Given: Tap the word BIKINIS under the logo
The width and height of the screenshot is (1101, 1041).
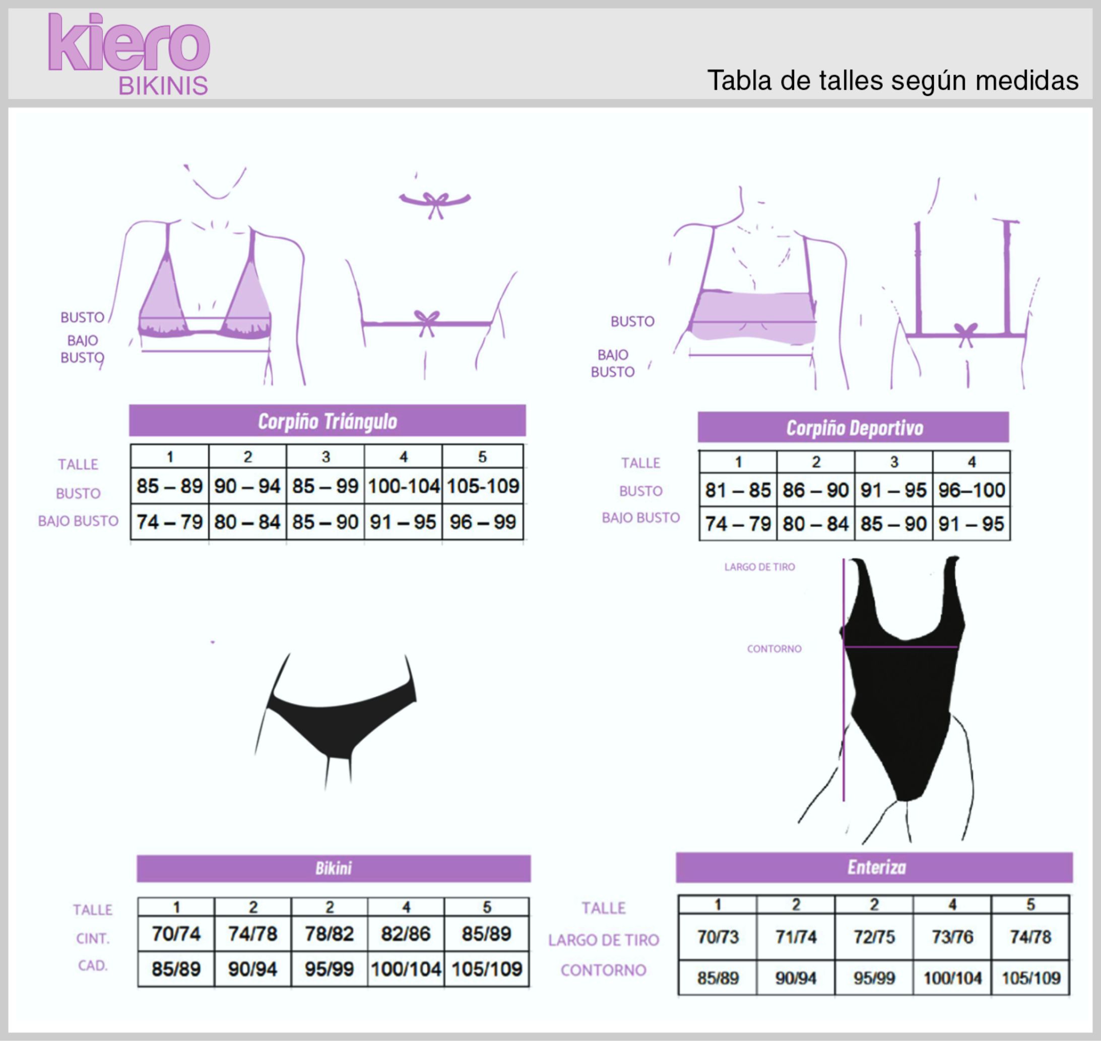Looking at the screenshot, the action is pyautogui.click(x=163, y=86).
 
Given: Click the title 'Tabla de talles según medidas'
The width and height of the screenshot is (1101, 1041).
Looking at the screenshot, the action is pyautogui.click(x=892, y=81).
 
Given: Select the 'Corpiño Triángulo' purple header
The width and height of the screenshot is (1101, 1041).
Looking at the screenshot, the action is pyautogui.click(x=328, y=421).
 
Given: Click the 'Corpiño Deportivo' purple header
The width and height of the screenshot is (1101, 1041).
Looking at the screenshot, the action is pyautogui.click(x=854, y=427).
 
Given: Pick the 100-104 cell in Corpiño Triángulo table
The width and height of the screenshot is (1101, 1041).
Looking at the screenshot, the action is pyautogui.click(x=404, y=486).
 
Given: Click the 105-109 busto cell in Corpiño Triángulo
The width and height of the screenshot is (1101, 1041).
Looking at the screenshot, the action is pyautogui.click(x=483, y=486).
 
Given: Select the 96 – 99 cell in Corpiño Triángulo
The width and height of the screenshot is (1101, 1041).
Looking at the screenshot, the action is pyautogui.click(x=483, y=522).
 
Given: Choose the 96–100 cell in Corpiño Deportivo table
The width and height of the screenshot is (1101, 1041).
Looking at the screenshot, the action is pyautogui.click(x=972, y=490).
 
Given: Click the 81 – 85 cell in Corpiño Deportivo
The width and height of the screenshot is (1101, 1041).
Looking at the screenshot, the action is pyautogui.click(x=738, y=490).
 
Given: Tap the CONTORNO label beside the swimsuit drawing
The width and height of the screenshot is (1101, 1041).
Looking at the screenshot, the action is pyautogui.click(x=774, y=648).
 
